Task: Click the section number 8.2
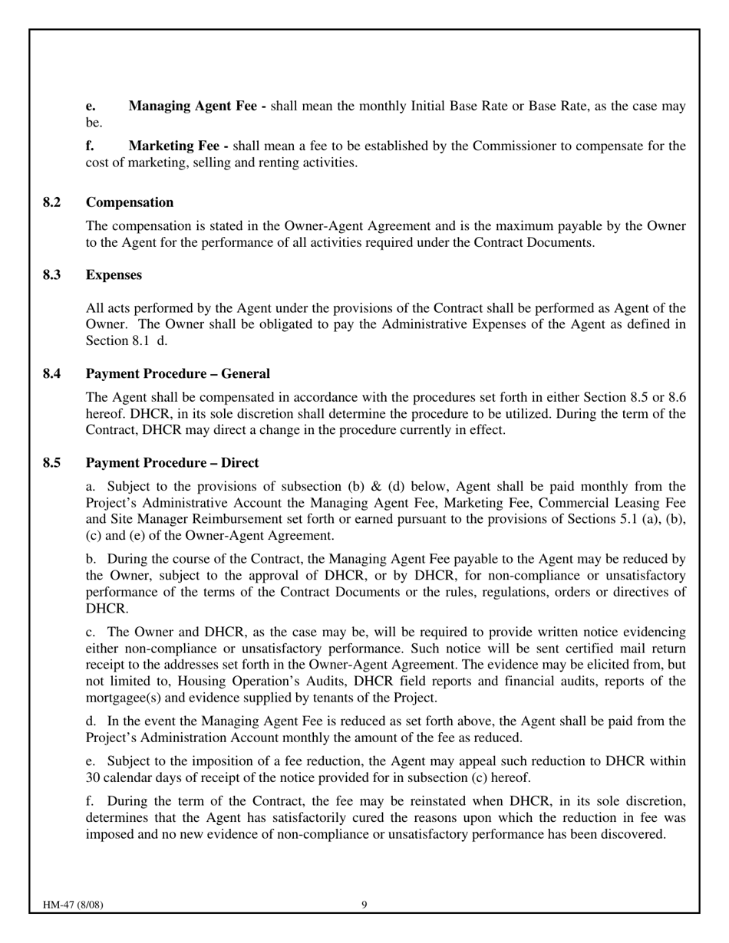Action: pos(51,202)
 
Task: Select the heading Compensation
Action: pos(130,202)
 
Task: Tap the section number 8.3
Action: pos(51,275)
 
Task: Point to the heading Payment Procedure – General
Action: pos(178,374)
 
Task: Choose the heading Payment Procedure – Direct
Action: pos(173,463)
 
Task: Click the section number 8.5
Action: pos(51,463)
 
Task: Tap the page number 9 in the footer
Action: pos(364,905)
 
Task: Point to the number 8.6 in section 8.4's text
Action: pos(676,398)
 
